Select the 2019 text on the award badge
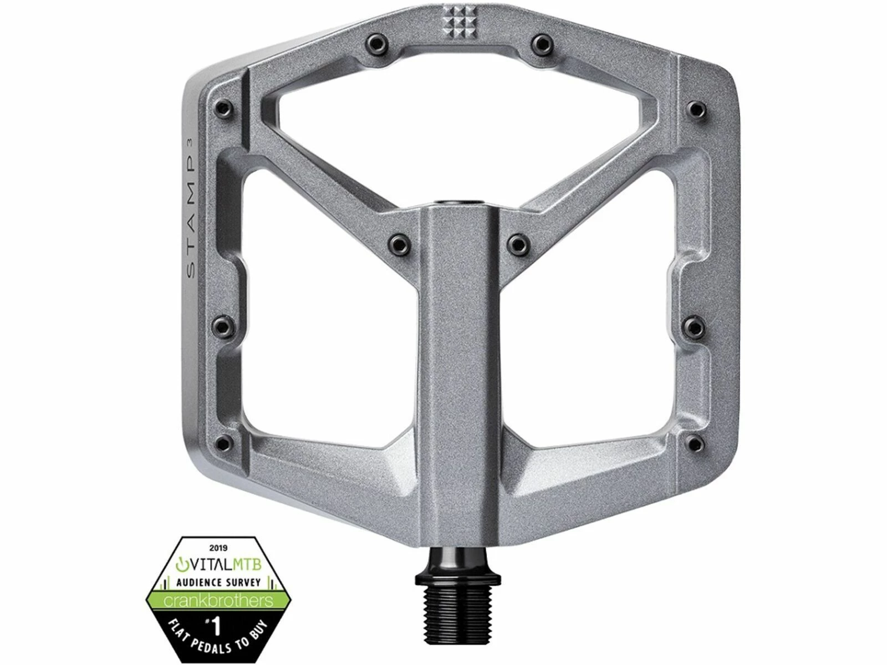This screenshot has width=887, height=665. point(218,548)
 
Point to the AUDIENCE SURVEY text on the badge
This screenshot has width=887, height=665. point(218,582)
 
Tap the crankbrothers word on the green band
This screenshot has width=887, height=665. point(218,601)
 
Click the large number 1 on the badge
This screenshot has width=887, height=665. point(217,627)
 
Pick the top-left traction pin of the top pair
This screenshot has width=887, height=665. point(376,42)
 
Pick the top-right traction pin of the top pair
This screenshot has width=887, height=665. point(542,42)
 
